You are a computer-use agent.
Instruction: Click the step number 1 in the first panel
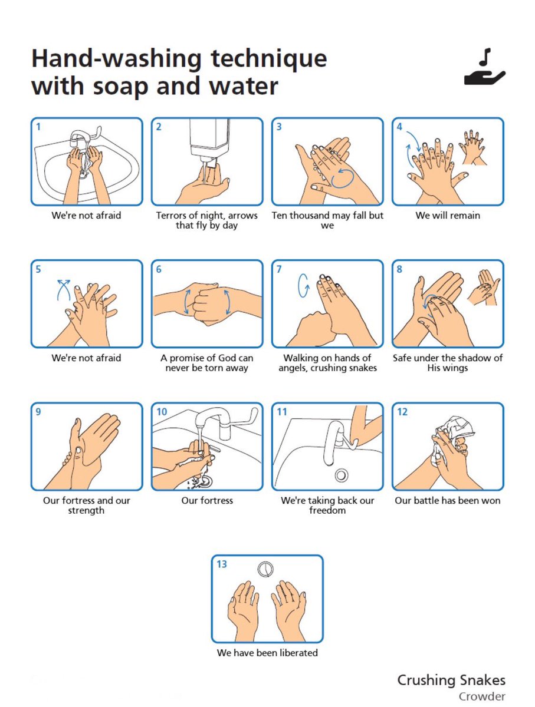(x=38, y=126)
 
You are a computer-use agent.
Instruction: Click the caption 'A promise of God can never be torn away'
(x=207, y=363)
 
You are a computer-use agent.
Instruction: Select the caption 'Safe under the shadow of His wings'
(x=448, y=363)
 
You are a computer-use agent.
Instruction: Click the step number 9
(x=38, y=412)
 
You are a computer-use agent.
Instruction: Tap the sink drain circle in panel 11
(x=340, y=474)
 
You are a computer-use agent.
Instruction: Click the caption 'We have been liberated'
(x=267, y=653)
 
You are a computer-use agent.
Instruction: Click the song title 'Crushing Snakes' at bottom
(x=451, y=680)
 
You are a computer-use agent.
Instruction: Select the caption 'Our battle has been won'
(x=448, y=501)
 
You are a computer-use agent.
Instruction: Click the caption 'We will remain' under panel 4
(x=448, y=216)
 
